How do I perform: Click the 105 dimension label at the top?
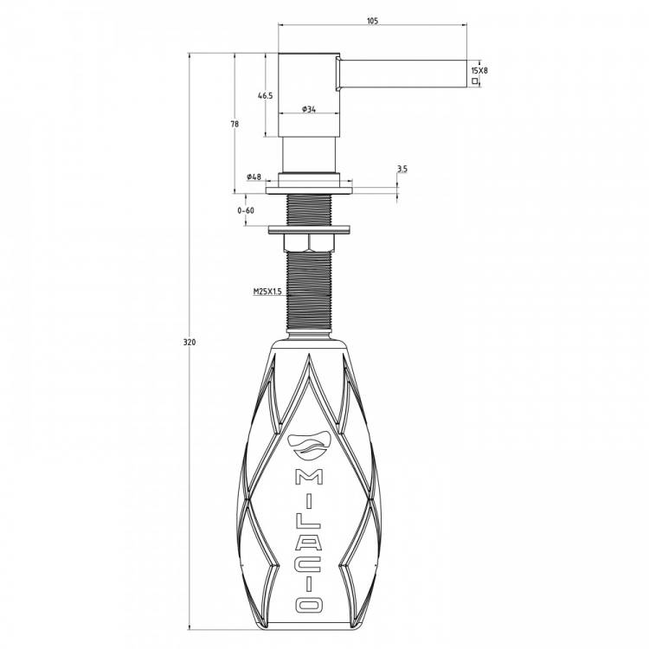pyautogui.click(x=372, y=21)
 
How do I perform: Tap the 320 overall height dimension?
pyautogui.click(x=190, y=343)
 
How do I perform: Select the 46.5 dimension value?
pyautogui.click(x=266, y=95)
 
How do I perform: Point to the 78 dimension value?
pyautogui.click(x=235, y=124)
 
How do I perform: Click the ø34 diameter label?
pyautogui.click(x=309, y=109)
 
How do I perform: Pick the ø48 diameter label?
pyautogui.click(x=254, y=177)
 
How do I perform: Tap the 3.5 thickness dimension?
pyautogui.click(x=402, y=169)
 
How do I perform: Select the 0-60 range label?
pyautogui.click(x=246, y=210)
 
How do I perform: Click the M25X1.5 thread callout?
pyautogui.click(x=267, y=292)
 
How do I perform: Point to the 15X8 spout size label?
pyautogui.click(x=479, y=70)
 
